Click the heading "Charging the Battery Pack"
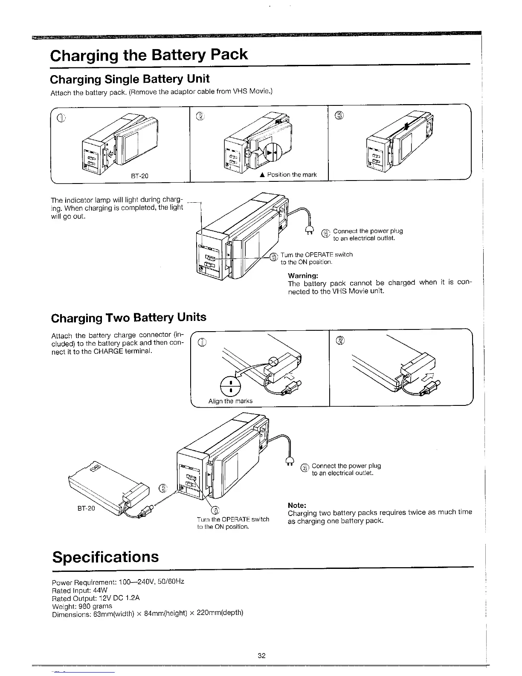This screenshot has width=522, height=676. pos(149,55)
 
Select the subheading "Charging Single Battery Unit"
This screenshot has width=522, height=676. pos(130,79)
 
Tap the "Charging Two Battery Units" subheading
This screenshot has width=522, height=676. pos(128,318)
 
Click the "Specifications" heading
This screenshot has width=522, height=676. pos(105,557)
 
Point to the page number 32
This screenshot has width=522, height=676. pos(261,656)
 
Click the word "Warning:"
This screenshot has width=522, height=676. pos(303,275)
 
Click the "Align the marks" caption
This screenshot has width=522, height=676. pos(230,401)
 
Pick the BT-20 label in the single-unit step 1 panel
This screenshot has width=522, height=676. pos(139,175)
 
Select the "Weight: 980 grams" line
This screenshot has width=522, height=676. pos(81,606)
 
